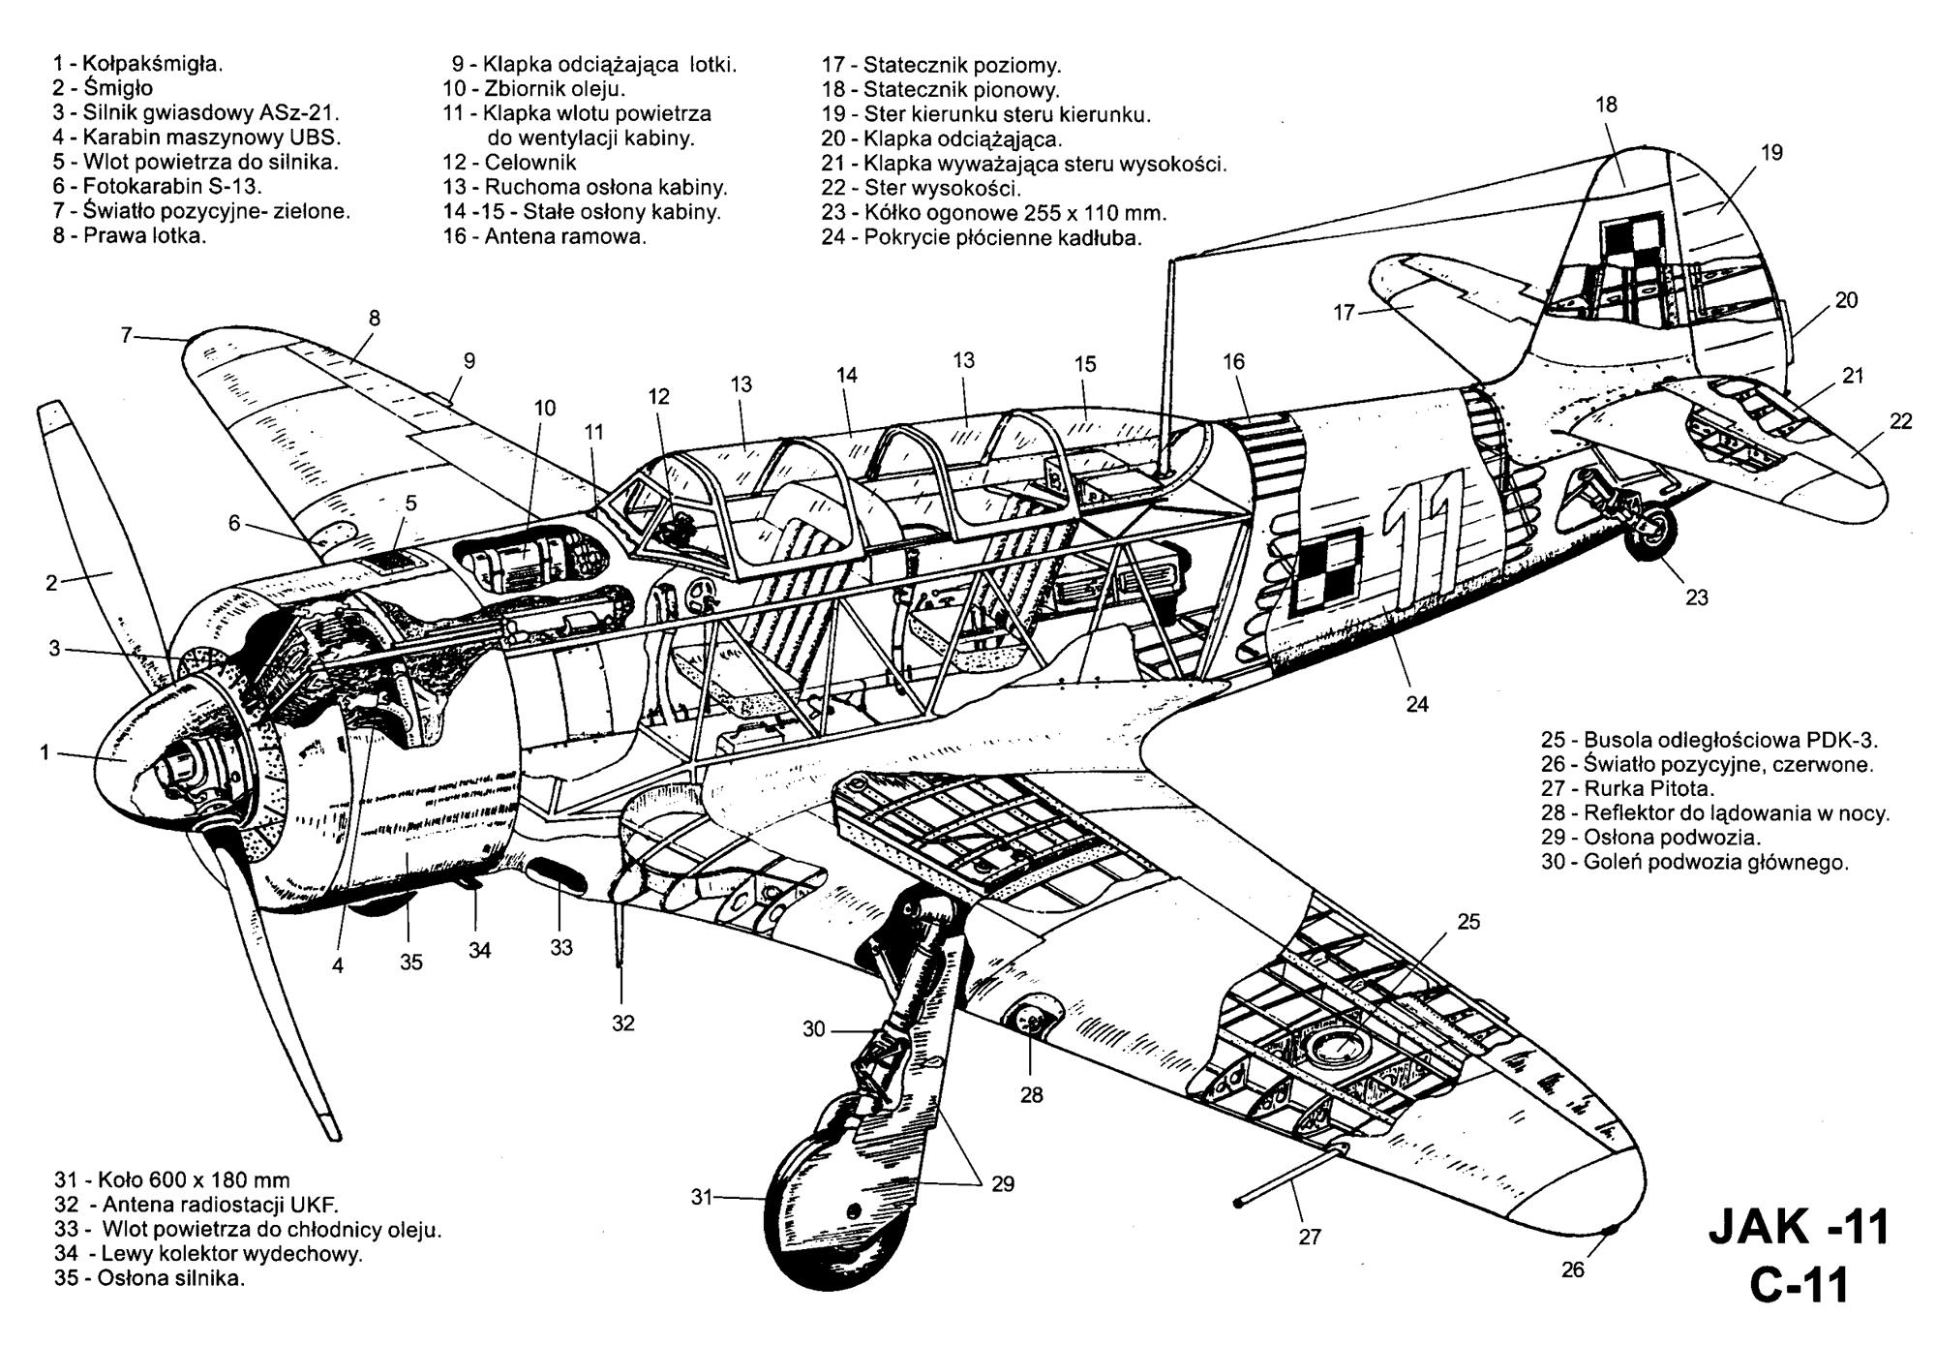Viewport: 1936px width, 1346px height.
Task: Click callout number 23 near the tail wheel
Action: tap(1697, 598)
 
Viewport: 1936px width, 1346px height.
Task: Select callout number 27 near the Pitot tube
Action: tap(1310, 1237)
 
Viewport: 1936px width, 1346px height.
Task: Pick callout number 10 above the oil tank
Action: tap(545, 409)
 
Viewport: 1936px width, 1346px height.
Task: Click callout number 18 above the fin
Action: tap(1606, 105)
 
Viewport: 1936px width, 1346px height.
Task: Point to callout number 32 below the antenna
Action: tap(623, 1024)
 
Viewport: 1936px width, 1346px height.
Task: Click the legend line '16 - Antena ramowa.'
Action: tap(545, 236)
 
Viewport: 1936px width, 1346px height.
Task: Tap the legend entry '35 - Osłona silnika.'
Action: tap(150, 1278)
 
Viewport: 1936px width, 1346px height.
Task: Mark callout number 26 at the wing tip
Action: tap(1573, 1269)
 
